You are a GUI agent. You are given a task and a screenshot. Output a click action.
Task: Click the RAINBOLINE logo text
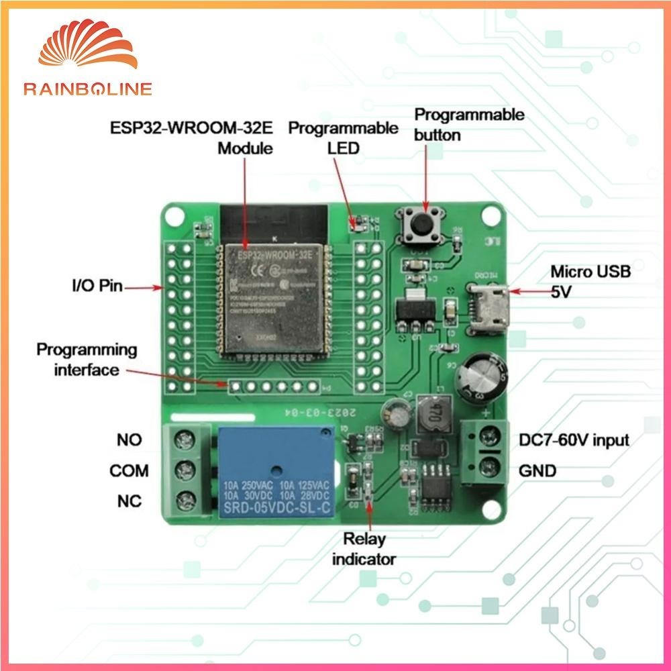pyautogui.click(x=88, y=89)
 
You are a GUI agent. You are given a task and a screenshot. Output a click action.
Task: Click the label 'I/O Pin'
pyautogui.click(x=97, y=287)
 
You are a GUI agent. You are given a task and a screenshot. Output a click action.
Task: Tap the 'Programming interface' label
pyautogui.click(x=87, y=360)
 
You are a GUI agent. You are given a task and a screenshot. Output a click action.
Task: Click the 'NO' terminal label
pyautogui.click(x=130, y=440)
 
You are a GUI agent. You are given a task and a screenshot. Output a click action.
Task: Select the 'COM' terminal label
pyautogui.click(x=130, y=471)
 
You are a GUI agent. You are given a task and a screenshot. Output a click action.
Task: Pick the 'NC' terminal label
pyautogui.click(x=130, y=501)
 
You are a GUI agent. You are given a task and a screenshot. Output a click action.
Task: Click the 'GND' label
pyautogui.click(x=537, y=471)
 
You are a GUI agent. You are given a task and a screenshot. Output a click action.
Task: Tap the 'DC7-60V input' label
pyautogui.click(x=574, y=440)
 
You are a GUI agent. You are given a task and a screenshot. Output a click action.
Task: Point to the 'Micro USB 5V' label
pyautogui.click(x=590, y=282)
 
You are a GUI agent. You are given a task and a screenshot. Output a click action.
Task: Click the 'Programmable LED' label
pyautogui.click(x=344, y=137)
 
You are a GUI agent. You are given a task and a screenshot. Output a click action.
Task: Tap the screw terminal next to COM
pyautogui.click(x=182, y=470)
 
